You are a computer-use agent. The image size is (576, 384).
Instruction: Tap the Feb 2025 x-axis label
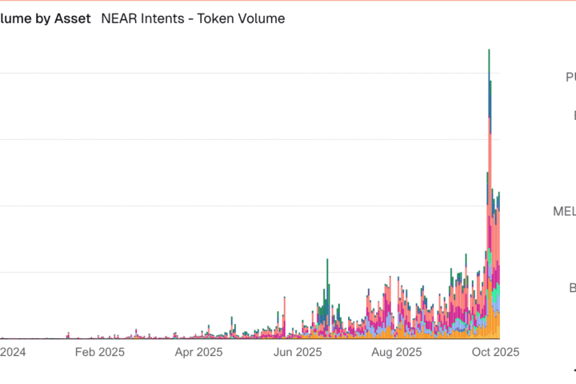pyautogui.click(x=100, y=352)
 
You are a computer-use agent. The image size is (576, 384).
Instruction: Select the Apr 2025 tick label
pyautogui.click(x=198, y=352)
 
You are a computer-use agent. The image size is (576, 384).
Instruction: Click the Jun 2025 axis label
pyautogui.click(x=297, y=352)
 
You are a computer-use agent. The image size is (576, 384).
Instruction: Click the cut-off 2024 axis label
pyautogui.click(x=13, y=352)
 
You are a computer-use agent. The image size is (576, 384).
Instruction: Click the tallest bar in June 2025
pyautogui.click(x=326, y=300)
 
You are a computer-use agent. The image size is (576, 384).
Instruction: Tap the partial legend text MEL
pyautogui.click(x=564, y=211)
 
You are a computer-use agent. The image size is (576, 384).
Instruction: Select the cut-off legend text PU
pyautogui.click(x=570, y=77)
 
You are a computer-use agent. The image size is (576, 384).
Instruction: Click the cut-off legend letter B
pyautogui.click(x=572, y=288)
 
